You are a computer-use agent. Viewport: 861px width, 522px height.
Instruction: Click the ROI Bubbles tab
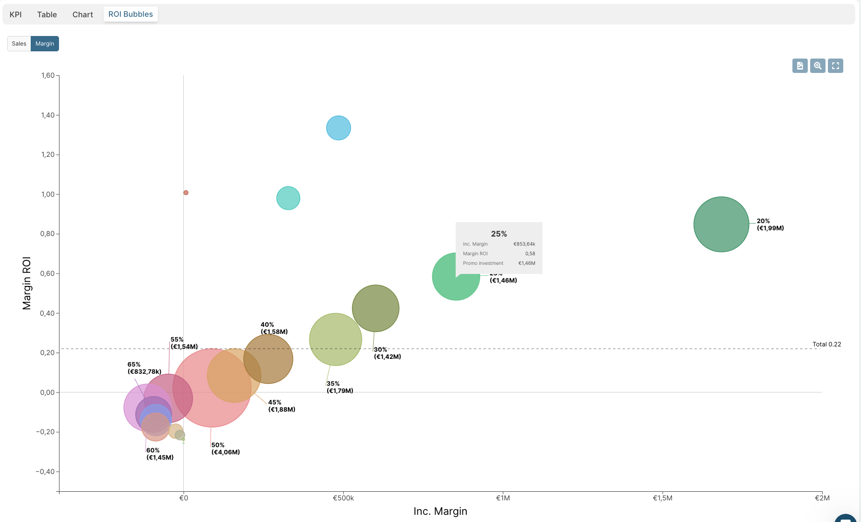point(130,14)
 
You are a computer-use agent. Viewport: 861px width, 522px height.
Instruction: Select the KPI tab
point(16,14)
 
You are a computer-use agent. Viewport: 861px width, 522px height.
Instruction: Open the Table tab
point(47,14)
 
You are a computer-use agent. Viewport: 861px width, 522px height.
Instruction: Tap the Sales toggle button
point(19,44)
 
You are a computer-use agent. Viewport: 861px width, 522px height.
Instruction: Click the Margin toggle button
point(45,44)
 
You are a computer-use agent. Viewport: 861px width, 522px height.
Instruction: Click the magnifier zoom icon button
point(818,66)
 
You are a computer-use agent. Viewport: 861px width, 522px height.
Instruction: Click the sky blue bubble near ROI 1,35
point(339,128)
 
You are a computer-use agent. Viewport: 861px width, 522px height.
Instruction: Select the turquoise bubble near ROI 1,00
point(288,198)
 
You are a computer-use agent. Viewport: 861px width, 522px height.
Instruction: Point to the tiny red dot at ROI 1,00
point(186,193)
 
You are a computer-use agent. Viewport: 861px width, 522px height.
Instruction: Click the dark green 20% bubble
point(721,224)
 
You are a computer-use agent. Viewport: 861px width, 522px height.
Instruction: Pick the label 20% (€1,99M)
point(770,225)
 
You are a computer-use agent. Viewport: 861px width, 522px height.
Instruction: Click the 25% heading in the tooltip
point(499,234)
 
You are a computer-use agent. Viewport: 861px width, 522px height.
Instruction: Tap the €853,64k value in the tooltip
point(524,244)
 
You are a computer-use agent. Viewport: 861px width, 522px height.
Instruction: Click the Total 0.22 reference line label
point(826,344)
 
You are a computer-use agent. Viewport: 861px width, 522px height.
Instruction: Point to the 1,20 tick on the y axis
point(48,154)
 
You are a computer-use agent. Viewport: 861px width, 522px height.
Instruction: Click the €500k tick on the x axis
point(343,498)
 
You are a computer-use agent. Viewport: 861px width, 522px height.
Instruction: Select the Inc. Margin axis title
point(440,511)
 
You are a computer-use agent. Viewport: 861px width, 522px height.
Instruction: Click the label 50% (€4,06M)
point(225,449)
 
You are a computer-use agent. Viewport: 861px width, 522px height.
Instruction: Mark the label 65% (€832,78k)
point(144,368)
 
